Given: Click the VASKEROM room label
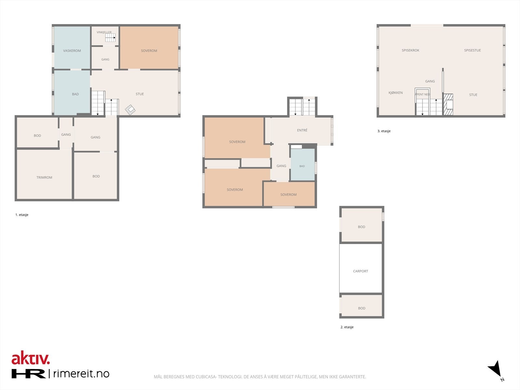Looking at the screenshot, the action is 72,51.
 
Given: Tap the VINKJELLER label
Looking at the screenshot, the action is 104,32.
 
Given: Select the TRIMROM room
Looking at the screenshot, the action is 44,175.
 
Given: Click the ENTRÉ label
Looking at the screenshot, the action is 302,130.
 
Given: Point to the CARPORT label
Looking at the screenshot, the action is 360,271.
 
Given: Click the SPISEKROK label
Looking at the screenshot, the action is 410,50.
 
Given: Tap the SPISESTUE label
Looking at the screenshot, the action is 472,50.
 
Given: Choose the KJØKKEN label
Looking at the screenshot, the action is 396,93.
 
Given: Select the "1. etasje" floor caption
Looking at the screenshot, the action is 22,215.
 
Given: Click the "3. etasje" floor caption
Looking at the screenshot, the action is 384,131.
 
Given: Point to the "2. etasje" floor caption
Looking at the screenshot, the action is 347,327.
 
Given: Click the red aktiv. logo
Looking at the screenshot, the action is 31,358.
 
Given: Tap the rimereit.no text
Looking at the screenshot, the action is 81,373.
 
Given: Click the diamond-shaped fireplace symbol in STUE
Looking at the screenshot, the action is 130,110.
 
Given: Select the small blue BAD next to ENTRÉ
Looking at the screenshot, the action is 303,165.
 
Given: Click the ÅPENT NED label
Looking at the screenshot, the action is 422,94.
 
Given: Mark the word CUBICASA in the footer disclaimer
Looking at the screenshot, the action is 206,377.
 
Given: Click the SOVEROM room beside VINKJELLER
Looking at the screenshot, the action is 149,47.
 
